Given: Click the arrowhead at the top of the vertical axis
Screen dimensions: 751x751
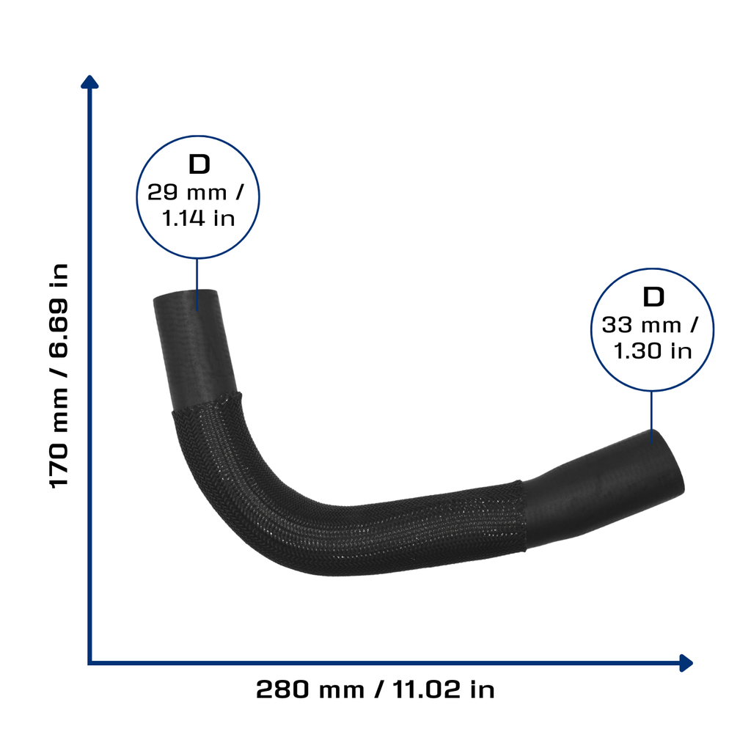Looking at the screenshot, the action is click(x=89, y=81).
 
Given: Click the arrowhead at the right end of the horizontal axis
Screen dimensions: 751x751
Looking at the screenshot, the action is click(x=686, y=663).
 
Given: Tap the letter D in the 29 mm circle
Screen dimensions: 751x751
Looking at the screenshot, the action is click(x=199, y=164).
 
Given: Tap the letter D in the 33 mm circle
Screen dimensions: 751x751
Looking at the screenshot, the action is click(x=653, y=297).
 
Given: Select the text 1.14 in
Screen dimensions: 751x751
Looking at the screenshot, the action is click(x=198, y=219).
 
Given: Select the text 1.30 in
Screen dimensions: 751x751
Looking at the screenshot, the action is click(x=653, y=351).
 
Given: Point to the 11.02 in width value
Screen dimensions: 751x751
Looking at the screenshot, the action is click(x=444, y=689).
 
